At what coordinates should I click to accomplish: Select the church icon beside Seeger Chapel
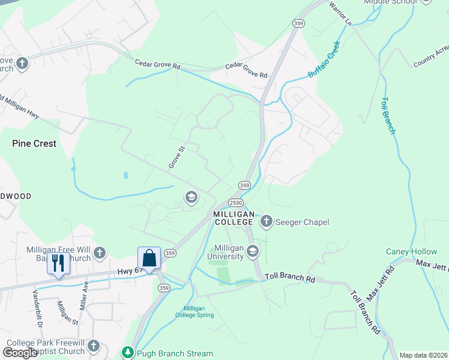pyautogui.click(x=266, y=222)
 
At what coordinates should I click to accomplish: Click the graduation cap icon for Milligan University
pyautogui.click(x=253, y=251)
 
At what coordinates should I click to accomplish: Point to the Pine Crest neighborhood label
pyautogui.click(x=34, y=144)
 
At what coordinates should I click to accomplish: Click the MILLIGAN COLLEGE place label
pyautogui.click(x=233, y=218)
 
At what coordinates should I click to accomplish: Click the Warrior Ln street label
pyautogui.click(x=340, y=13)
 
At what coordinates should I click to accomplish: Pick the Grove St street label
pyautogui.click(x=176, y=156)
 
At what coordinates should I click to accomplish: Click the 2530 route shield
pyautogui.click(x=235, y=203)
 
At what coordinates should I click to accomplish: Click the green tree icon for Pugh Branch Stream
pyautogui.click(x=127, y=353)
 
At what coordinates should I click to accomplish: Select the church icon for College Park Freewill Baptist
pyautogui.click(x=93, y=345)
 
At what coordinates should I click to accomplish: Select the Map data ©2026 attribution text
pyautogui.click(x=424, y=355)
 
